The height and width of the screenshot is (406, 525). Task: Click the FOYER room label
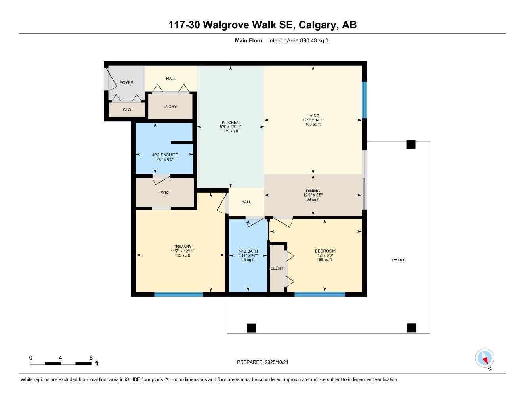(126, 82)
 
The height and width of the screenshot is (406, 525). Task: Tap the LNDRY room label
(170, 107)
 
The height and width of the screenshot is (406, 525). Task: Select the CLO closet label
(127, 110)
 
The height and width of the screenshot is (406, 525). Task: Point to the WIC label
(165, 193)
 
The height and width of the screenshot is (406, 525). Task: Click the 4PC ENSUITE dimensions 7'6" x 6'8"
(165, 159)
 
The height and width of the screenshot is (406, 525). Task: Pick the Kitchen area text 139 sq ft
(230, 131)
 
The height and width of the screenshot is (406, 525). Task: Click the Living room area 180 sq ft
(313, 124)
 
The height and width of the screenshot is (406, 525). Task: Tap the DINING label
(313, 191)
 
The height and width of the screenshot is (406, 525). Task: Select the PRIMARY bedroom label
(182, 247)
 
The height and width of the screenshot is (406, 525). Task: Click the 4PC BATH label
(248, 251)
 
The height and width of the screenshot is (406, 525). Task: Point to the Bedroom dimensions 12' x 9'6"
(325, 255)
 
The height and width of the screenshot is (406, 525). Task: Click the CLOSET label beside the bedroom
(277, 268)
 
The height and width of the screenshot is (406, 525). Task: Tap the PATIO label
(398, 260)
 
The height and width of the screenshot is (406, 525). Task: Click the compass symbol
(485, 358)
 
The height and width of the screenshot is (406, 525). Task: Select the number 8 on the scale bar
(91, 358)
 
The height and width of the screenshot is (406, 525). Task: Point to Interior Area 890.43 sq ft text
(298, 40)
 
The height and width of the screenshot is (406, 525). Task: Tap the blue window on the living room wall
(364, 100)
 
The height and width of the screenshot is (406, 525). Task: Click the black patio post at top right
(411, 144)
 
